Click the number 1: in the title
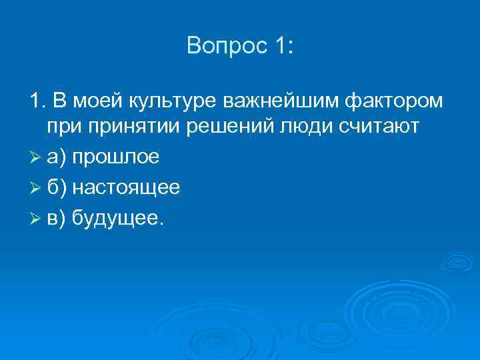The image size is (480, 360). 277,46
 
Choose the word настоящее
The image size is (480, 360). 126,187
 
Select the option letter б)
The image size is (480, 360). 57,187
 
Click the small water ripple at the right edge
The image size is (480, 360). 458,261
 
